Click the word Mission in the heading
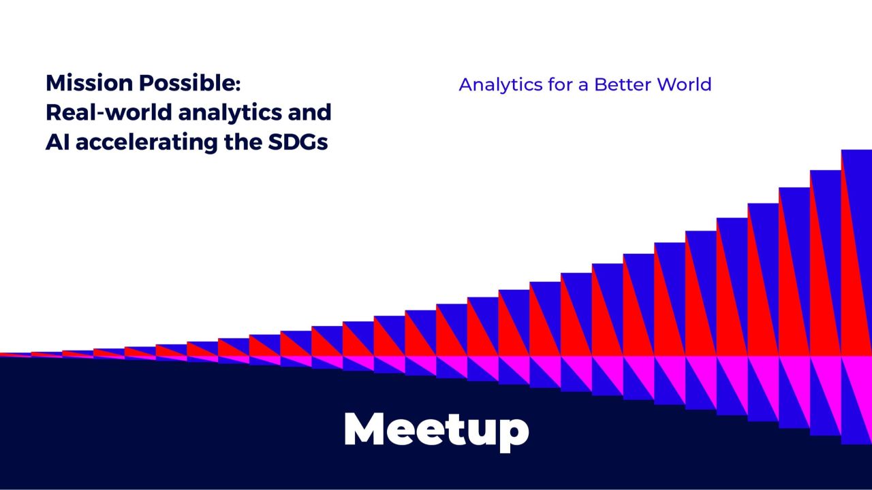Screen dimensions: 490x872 pos(89,83)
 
